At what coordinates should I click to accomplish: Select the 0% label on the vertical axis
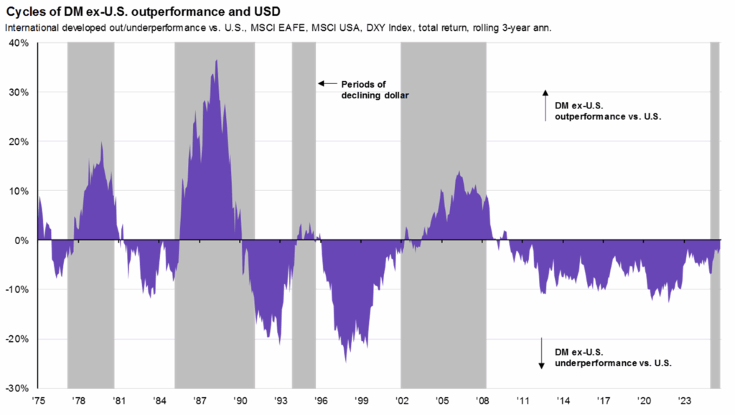22,241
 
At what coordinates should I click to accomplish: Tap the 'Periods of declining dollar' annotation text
374,89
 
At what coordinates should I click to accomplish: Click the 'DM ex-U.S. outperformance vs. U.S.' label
607,111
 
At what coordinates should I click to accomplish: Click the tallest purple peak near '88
216,61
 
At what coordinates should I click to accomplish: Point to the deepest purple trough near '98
345,360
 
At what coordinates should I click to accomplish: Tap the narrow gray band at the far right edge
715,215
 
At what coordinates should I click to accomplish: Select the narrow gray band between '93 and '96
304,144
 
